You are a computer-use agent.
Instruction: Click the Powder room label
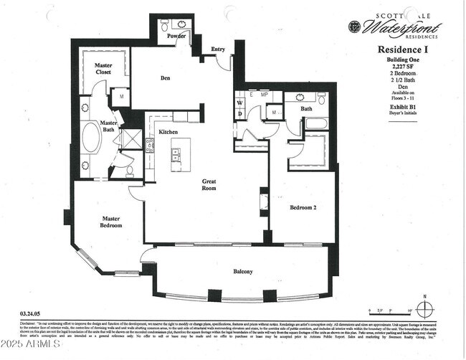176,35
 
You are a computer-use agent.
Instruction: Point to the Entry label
218,49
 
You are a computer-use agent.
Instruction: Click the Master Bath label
108,126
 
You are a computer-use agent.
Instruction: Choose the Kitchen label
168,132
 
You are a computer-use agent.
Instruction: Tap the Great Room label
209,186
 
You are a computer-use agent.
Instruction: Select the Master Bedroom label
111,222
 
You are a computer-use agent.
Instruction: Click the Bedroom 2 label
304,208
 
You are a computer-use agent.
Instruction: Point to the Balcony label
242,272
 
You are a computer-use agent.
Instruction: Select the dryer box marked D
240,113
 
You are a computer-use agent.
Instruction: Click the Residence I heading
403,49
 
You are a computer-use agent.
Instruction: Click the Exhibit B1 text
403,107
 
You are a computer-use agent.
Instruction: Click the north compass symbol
426,310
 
